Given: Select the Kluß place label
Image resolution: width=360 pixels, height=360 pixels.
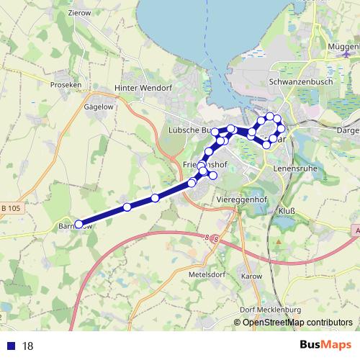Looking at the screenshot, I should click(x=287, y=211).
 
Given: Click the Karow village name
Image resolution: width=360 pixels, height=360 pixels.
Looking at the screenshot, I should click(x=252, y=276).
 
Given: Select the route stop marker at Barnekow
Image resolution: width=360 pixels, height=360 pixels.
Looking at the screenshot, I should click(x=78, y=224).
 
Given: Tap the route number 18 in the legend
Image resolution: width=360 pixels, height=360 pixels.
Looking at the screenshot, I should click(x=28, y=346).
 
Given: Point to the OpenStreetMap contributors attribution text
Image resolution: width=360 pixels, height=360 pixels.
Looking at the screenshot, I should click(x=297, y=322).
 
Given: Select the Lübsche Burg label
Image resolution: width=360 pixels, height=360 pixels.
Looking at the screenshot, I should click(x=189, y=130).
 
